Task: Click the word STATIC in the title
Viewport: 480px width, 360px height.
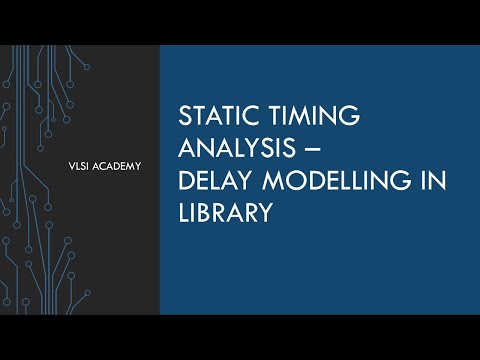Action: coord(214,116)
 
